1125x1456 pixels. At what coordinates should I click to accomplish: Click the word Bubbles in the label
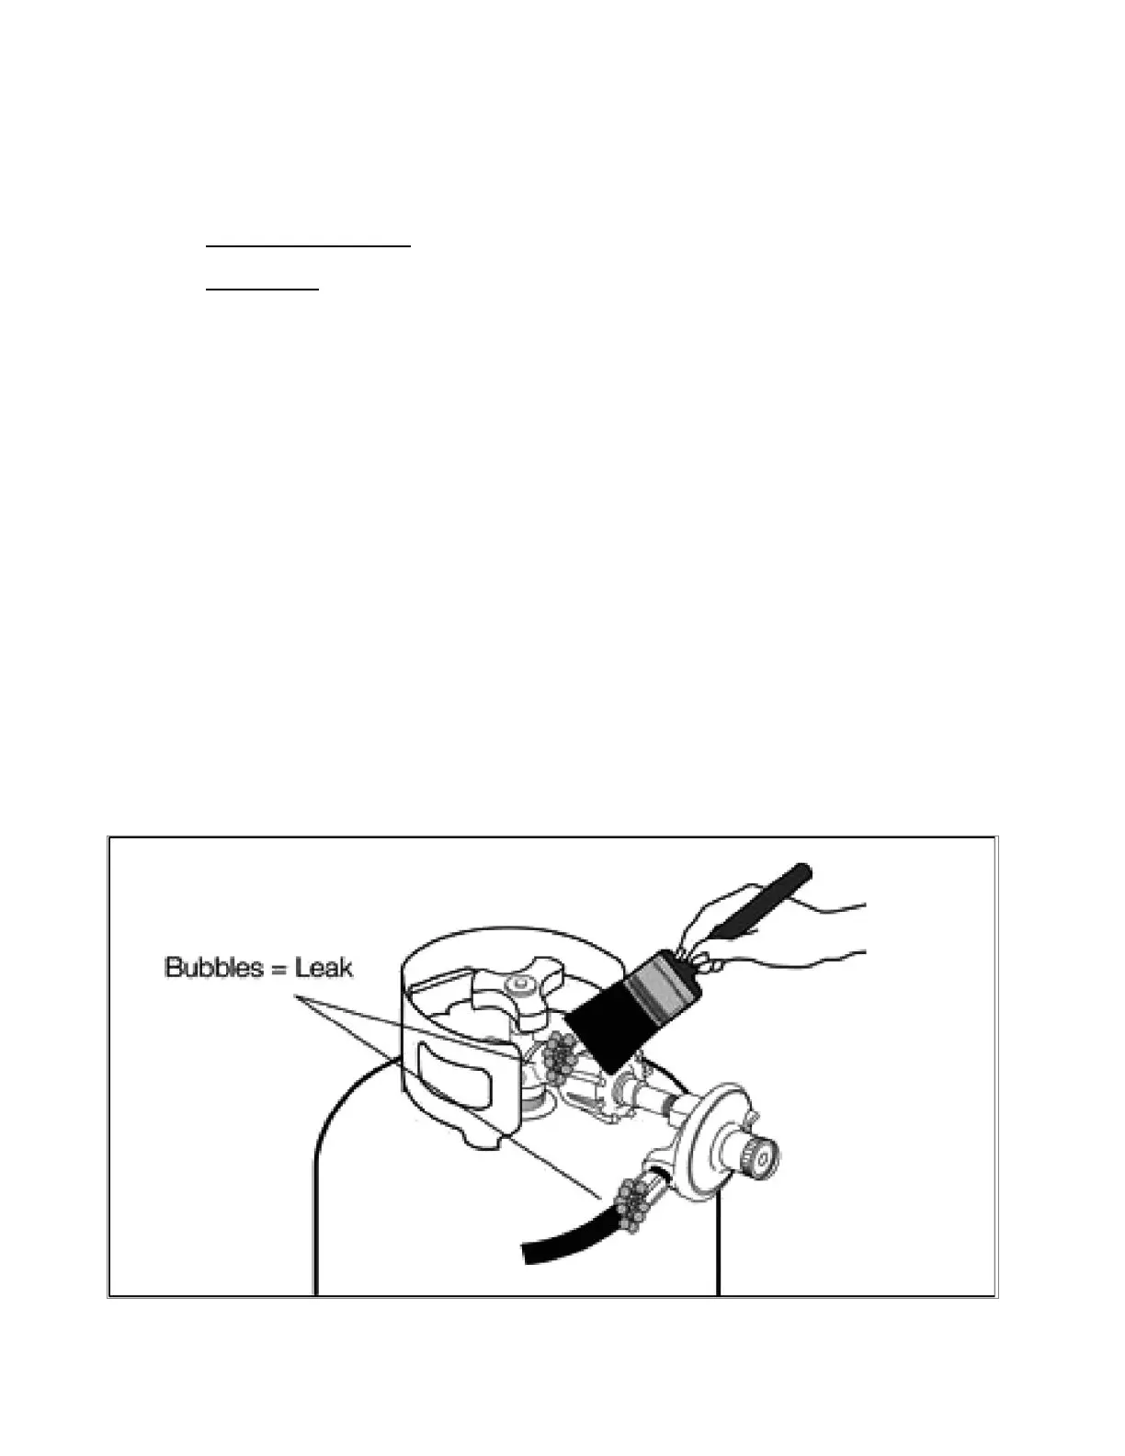(210, 968)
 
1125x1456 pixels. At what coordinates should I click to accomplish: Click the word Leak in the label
(324, 968)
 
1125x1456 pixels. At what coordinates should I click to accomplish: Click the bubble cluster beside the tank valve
(557, 1053)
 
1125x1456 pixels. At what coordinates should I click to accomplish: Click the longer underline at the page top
(308, 246)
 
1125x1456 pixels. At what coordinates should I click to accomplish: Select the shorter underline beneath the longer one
(262, 290)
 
